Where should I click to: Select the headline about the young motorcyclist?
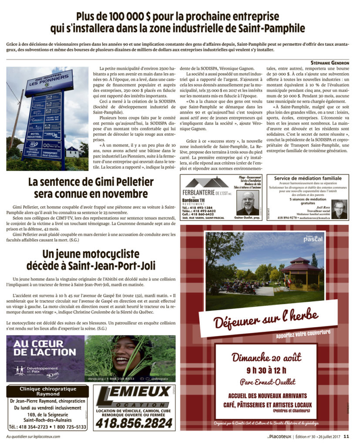(x=91, y=260)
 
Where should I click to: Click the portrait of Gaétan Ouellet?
(x=248, y=203)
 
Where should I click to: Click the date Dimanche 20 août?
(x=266, y=358)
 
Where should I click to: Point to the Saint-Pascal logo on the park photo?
(x=313, y=238)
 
